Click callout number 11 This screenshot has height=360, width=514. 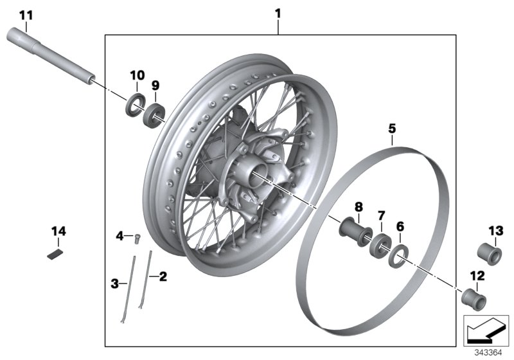coord(25,14)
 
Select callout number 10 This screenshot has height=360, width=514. coord(137,75)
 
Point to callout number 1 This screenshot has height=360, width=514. coord(278,12)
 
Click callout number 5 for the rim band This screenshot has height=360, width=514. coord(393,129)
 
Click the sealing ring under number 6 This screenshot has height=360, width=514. coord(398,255)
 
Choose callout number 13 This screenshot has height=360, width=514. coord(496,230)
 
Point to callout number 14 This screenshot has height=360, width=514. coord(58,230)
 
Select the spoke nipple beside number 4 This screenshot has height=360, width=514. coord(136,240)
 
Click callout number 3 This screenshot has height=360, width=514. coord(115,282)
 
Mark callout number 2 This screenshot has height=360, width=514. coord(163,277)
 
